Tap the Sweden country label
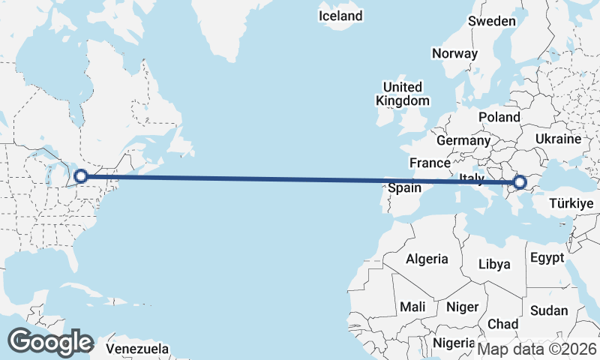492,21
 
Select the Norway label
454,53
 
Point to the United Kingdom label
403,94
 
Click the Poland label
499,117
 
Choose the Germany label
463,140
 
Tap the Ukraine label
559,139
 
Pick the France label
430,163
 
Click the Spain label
404,188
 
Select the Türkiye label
571,203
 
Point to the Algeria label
427,259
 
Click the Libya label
494,264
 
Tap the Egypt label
547,258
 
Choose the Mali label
412,307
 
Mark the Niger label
462,307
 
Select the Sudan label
548,310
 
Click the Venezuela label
137,349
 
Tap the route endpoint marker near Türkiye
519,181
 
